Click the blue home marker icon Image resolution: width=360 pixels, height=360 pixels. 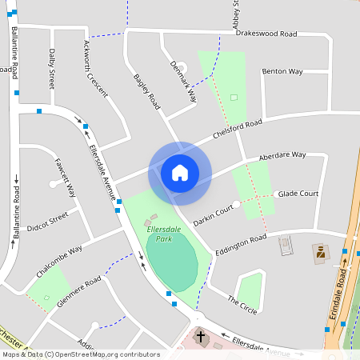click(x=180, y=173)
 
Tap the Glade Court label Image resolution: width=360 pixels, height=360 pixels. click(x=298, y=194)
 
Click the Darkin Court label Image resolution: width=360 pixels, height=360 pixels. click(x=213, y=213)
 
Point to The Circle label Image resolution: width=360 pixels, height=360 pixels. click(x=242, y=305)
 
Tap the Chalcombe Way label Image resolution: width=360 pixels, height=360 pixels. click(x=54, y=262)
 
